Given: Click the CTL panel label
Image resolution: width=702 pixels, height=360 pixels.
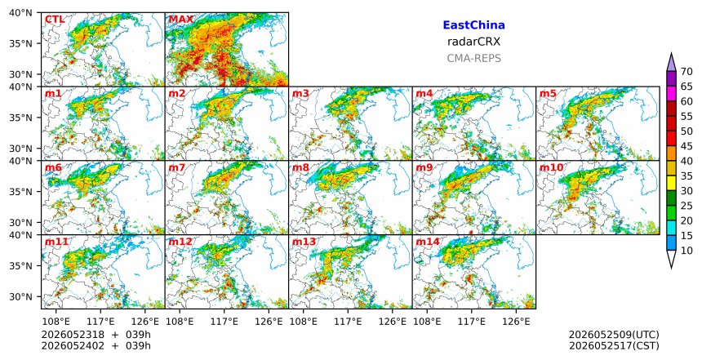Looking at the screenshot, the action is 55,20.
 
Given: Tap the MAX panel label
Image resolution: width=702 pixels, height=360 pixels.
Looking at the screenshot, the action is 181,20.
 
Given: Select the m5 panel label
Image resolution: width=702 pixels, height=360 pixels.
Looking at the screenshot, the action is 548,94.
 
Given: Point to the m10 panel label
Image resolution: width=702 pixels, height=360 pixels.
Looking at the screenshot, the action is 551,168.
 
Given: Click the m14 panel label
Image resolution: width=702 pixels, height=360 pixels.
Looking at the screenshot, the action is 428,242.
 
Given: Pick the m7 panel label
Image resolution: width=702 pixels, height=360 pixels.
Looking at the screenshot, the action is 177,168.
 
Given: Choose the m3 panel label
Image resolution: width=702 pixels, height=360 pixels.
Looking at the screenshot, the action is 300,94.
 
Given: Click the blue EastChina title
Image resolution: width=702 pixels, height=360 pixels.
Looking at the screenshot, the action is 473,25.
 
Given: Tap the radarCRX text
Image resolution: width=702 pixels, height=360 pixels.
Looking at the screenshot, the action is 473,42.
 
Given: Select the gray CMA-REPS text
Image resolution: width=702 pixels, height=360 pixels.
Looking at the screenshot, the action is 473,59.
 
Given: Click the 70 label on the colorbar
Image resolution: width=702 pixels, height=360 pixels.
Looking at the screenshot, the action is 686,72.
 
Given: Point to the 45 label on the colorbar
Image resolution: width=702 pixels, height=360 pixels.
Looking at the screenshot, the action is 686,146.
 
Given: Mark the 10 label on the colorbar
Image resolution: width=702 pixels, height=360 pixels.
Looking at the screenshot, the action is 686,251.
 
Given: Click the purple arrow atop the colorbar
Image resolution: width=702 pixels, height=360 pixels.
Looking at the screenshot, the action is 671,63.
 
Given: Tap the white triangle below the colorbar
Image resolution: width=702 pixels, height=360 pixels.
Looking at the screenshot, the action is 671,259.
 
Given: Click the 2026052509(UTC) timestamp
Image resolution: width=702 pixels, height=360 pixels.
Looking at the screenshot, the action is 614,336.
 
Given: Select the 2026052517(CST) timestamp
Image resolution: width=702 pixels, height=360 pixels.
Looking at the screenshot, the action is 614,346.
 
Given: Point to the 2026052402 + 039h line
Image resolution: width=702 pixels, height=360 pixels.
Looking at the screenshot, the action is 96,346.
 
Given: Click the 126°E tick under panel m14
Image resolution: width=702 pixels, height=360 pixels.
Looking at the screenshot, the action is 516,322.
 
